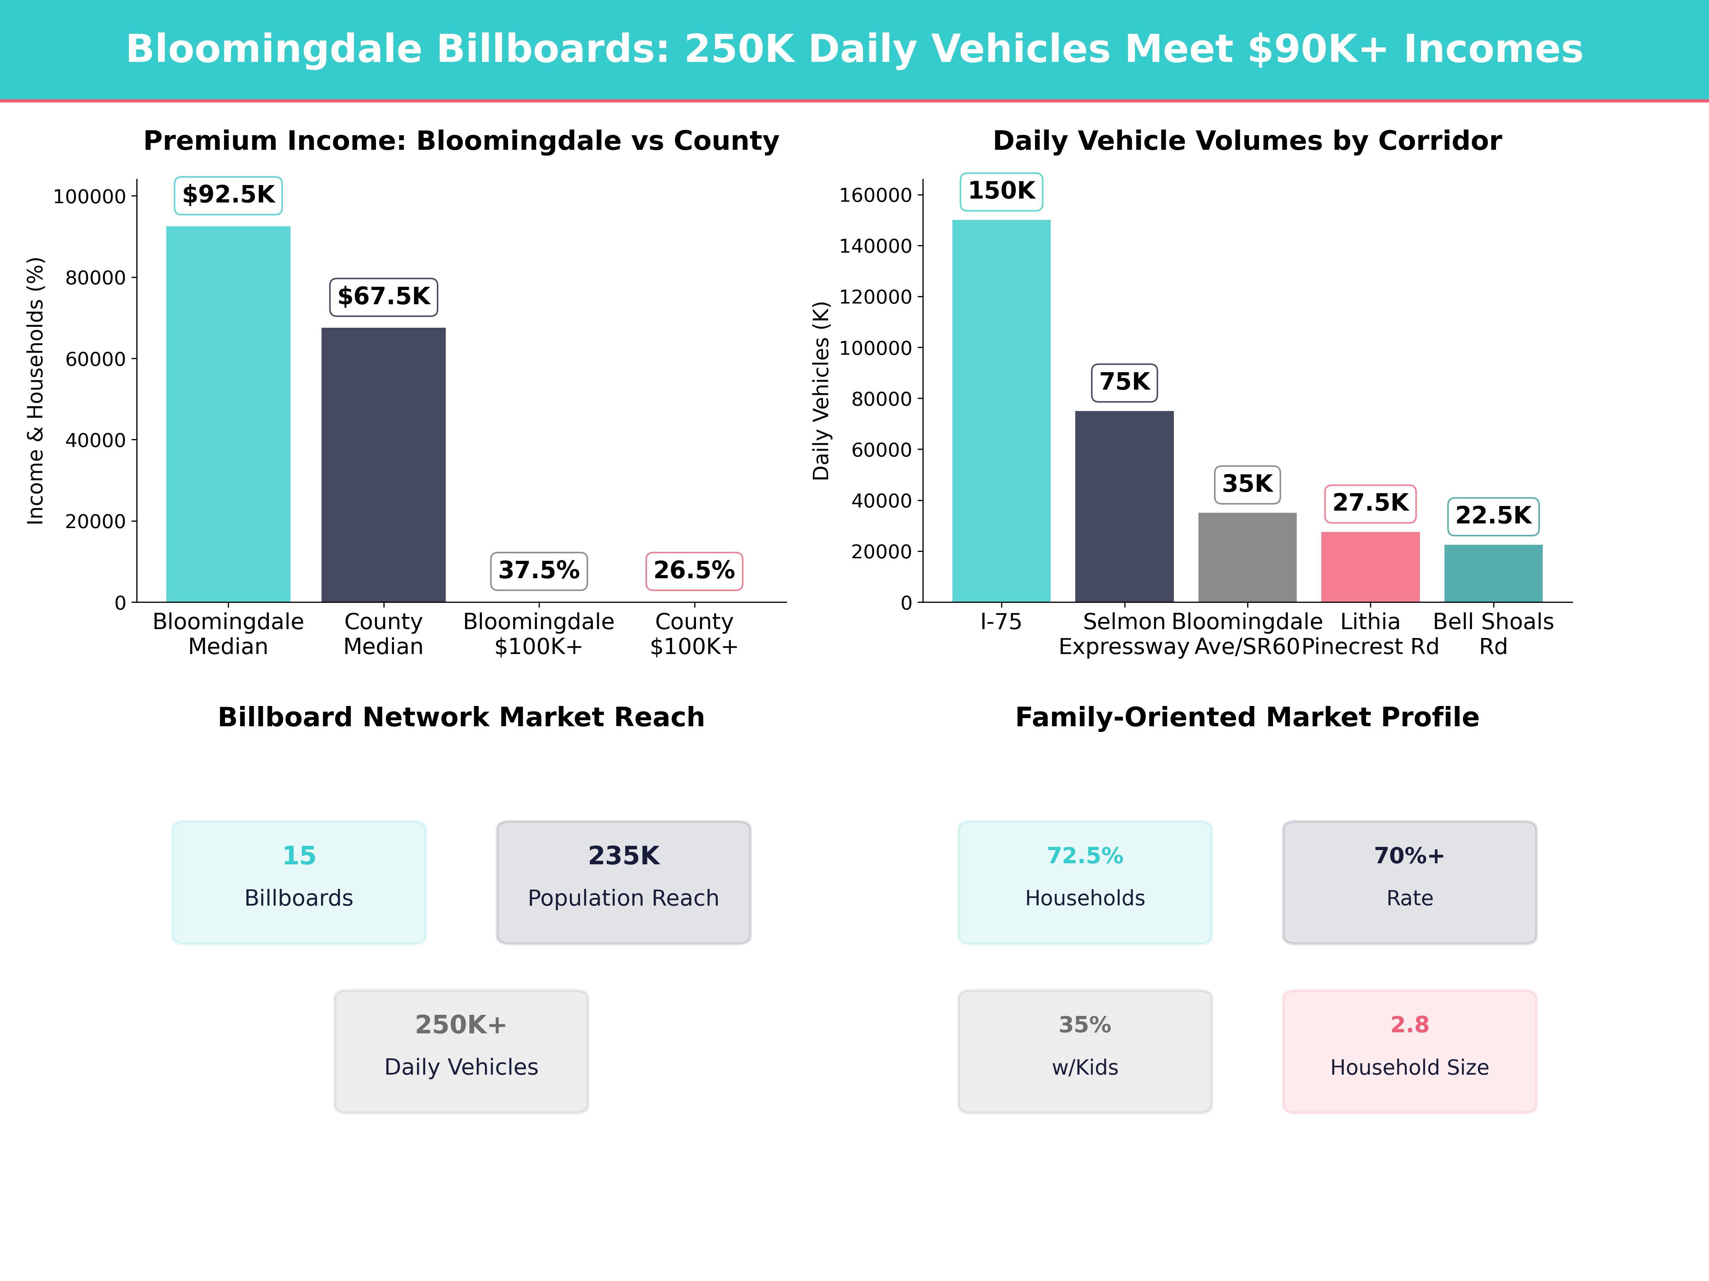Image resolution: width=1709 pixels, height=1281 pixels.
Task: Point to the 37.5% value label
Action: click(538, 571)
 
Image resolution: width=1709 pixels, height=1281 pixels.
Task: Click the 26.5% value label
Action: click(694, 571)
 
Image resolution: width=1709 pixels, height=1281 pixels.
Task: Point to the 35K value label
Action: click(1247, 484)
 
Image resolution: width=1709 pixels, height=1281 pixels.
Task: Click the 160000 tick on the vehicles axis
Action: click(876, 195)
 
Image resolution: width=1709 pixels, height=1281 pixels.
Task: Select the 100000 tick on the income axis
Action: click(89, 197)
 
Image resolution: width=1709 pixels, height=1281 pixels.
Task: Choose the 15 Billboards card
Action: click(299, 882)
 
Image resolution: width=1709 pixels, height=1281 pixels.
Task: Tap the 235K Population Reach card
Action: click(623, 882)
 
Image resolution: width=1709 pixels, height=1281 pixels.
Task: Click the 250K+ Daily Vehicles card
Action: click(461, 1051)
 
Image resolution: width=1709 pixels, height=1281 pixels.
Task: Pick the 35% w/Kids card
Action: click(1085, 1051)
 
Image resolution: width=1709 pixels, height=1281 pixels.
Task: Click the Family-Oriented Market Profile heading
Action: click(1247, 717)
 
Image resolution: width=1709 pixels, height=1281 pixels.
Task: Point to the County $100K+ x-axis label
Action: click(694, 634)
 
